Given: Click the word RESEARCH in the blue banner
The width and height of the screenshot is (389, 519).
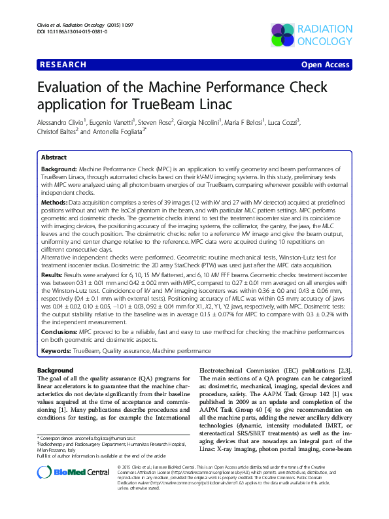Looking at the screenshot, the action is pos(63,65).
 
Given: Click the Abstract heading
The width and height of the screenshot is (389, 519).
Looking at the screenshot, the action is pos(54,158).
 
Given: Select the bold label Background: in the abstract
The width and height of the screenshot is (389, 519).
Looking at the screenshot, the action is pos(59,169).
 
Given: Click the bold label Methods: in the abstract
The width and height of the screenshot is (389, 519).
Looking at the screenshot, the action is pos(54,203).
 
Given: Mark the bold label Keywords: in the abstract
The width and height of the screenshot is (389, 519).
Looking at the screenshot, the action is pos(56,351).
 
